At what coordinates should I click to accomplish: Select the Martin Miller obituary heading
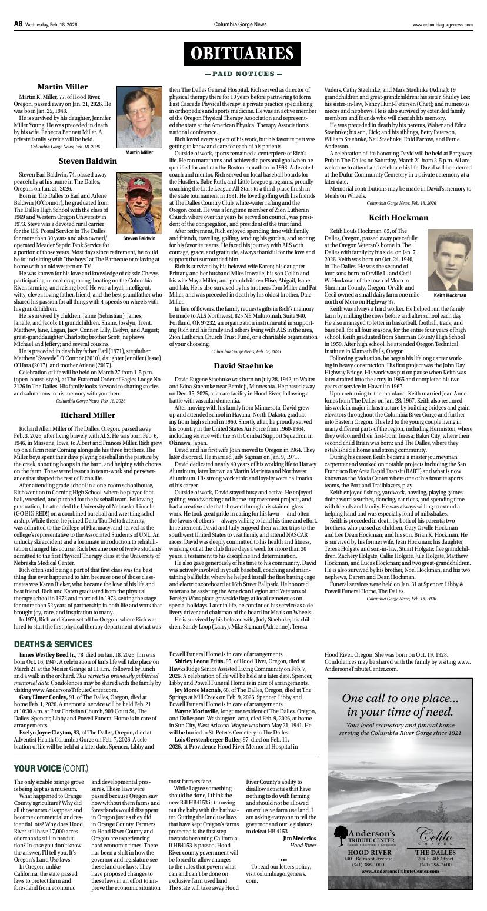(x=62, y=87)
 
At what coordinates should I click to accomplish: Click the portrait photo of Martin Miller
(x=139, y=118)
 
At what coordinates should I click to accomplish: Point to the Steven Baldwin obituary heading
(x=88, y=161)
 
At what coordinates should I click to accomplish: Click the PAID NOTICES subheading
(x=243, y=74)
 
